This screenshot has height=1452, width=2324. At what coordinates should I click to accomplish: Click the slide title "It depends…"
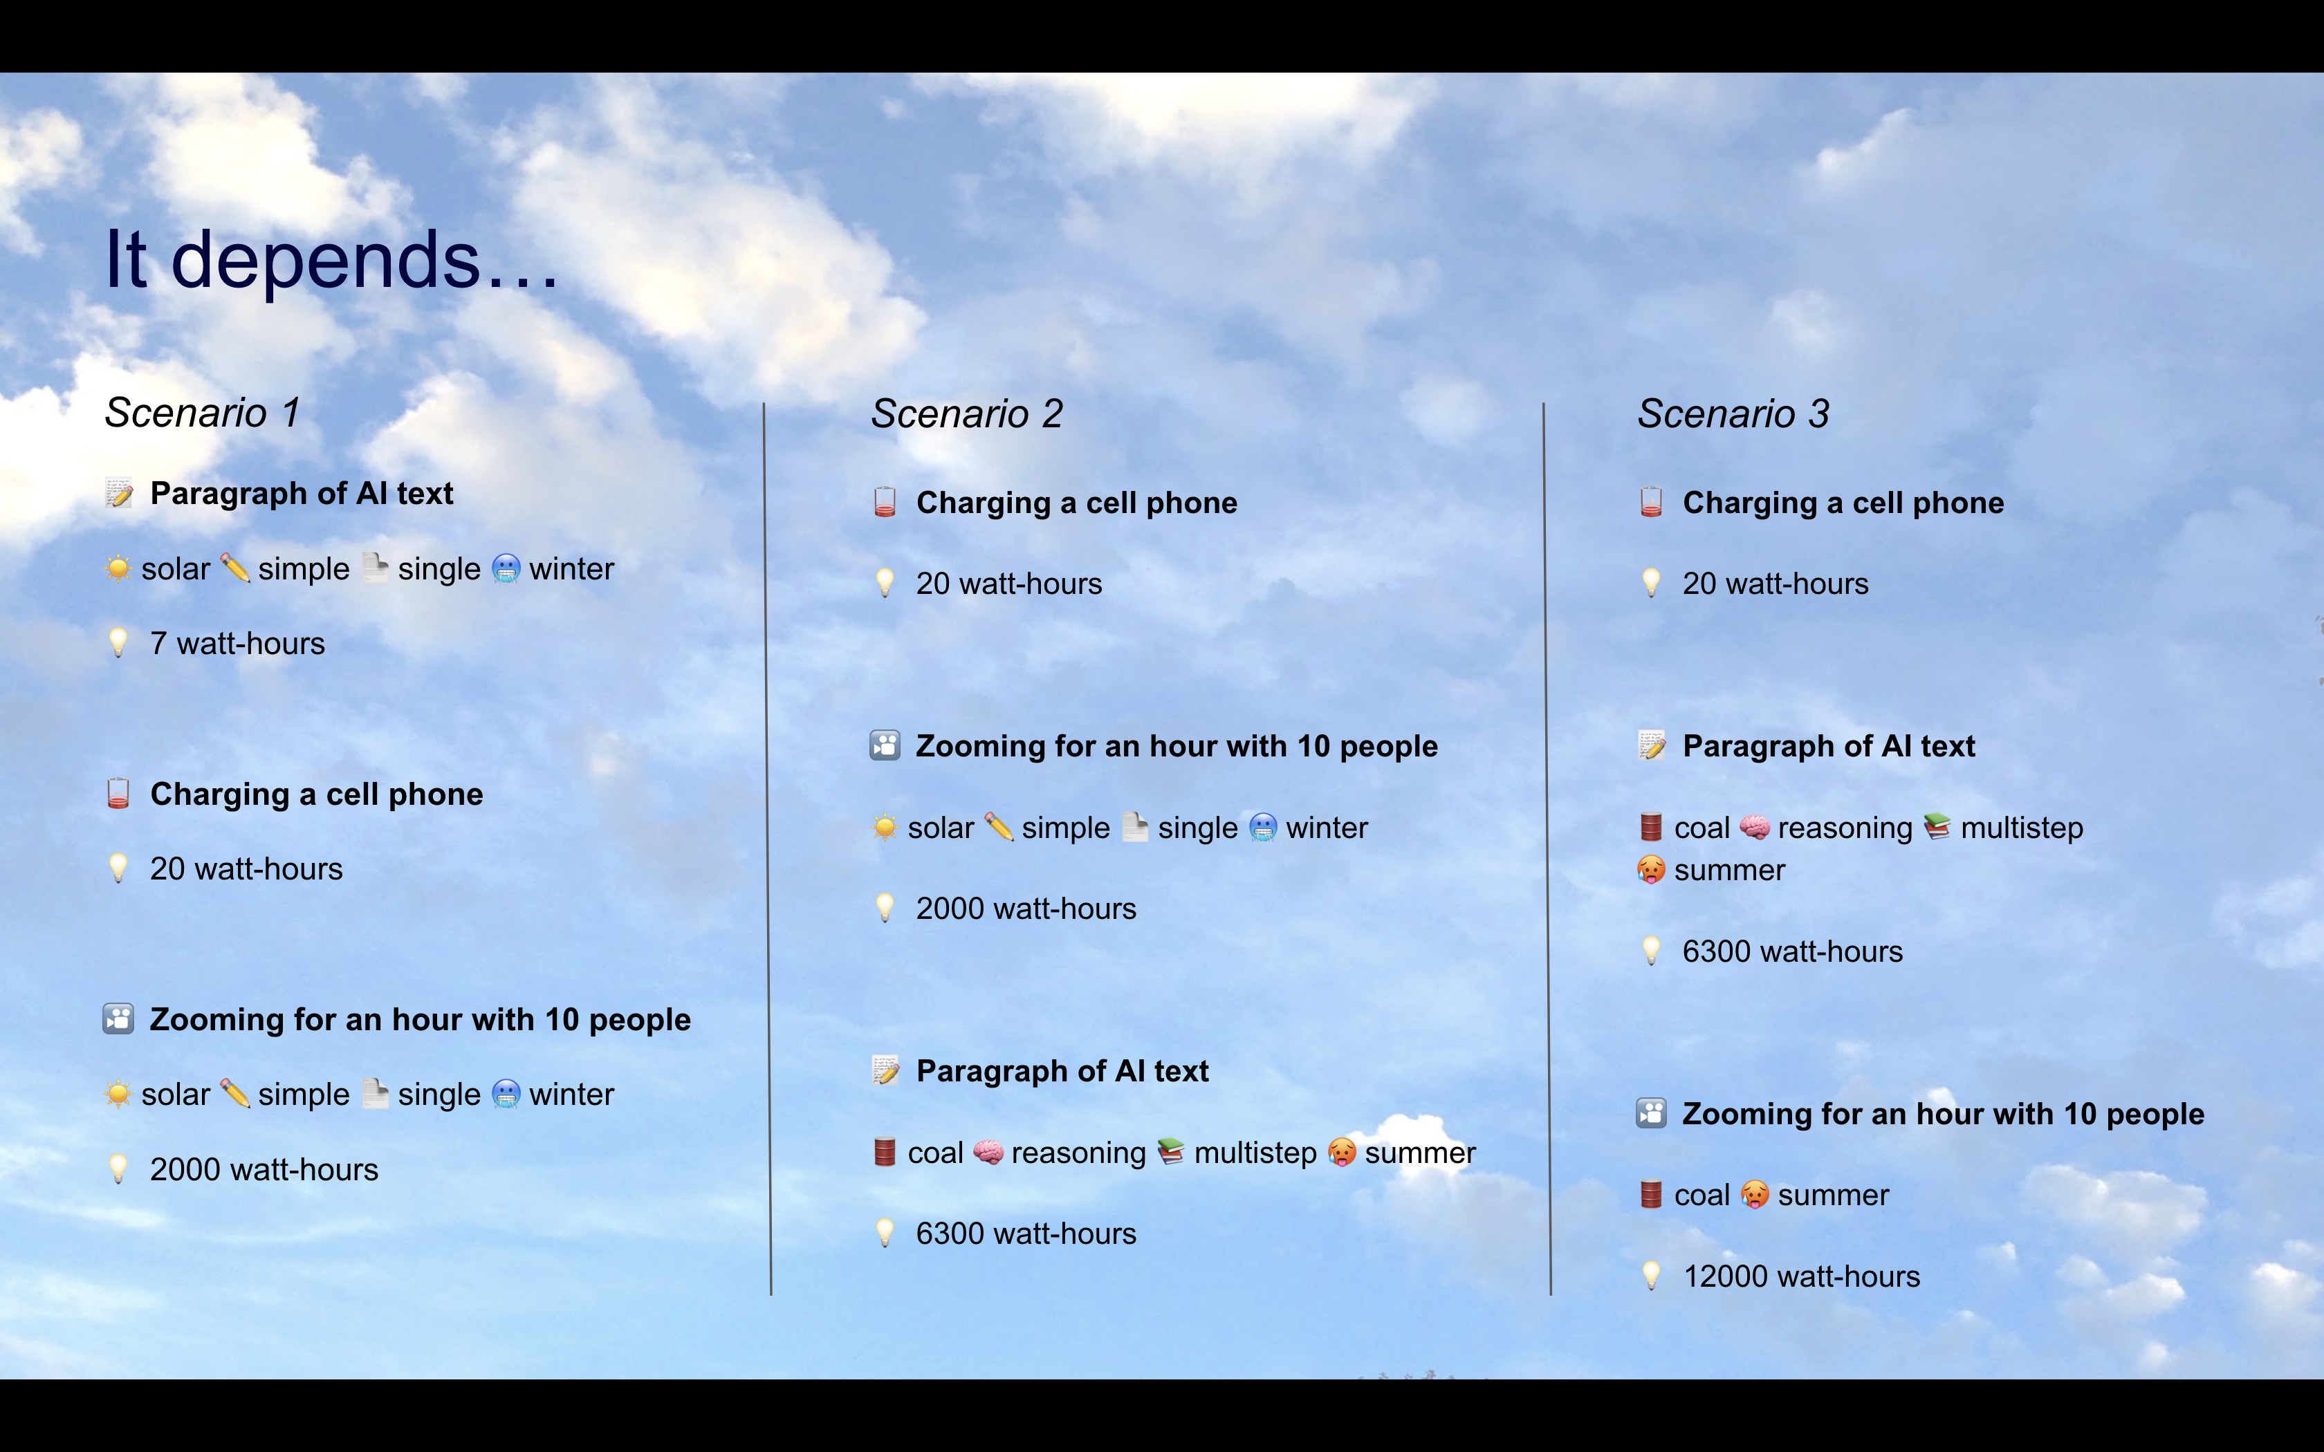331,261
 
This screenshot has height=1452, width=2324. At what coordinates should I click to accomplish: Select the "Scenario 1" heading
203,413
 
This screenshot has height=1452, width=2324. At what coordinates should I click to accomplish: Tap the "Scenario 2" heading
967,414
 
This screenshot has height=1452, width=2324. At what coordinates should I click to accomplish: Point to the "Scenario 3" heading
1733,414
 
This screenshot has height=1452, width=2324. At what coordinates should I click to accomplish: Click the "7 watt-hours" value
237,644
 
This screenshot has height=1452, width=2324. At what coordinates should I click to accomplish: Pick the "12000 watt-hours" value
1802,1276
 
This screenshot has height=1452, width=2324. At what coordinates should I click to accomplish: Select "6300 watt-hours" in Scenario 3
1792,951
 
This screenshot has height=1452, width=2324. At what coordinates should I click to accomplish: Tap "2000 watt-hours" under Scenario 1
264,1170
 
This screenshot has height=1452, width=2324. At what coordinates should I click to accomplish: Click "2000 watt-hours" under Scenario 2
1026,909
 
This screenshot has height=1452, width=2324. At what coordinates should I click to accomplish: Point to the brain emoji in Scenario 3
1755,827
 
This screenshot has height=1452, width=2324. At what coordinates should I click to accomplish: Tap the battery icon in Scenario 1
118,794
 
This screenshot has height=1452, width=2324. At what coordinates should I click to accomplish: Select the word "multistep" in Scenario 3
2022,828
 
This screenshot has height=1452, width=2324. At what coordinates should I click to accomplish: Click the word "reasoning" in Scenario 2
1078,1153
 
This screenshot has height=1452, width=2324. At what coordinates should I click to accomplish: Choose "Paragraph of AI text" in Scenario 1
302,494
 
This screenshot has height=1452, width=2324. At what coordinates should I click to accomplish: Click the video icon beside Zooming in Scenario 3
1651,1114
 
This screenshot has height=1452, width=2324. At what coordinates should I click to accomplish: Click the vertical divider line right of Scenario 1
767,845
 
